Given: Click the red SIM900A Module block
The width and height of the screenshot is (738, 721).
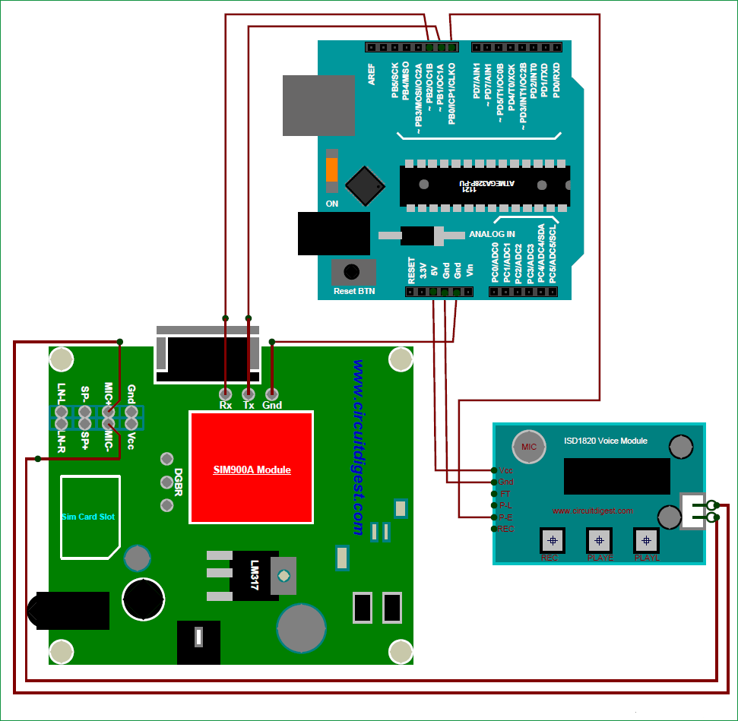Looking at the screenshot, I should [x=252, y=467].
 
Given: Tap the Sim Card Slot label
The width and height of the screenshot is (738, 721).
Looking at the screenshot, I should [x=88, y=517].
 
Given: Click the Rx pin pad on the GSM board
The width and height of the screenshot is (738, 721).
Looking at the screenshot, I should [x=225, y=394].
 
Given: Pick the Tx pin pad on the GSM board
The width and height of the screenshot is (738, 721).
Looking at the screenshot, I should [x=248, y=394].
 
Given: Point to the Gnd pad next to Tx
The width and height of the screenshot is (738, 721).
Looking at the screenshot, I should [x=272, y=394].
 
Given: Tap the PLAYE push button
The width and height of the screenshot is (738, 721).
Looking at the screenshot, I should [x=599, y=540].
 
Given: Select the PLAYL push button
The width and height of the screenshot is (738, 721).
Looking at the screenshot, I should [x=647, y=540].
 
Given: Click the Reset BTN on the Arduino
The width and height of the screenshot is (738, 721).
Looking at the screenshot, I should [x=353, y=273].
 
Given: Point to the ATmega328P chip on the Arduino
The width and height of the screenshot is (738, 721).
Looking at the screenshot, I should [x=485, y=185].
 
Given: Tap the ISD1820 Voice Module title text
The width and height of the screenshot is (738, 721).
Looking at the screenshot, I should [x=606, y=441].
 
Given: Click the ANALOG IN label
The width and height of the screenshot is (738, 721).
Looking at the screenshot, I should [x=492, y=234].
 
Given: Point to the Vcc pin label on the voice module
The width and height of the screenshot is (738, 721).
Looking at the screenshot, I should [x=506, y=470].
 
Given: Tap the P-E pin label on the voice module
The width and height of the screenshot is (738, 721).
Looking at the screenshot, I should [x=506, y=517].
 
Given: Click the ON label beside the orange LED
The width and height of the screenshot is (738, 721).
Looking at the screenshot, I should [x=332, y=204].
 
